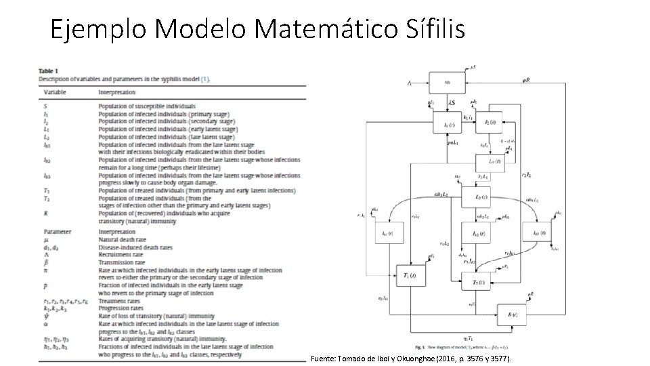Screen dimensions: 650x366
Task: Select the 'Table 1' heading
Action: coord(48,70)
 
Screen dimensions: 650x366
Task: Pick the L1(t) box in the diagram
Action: coord(494,162)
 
